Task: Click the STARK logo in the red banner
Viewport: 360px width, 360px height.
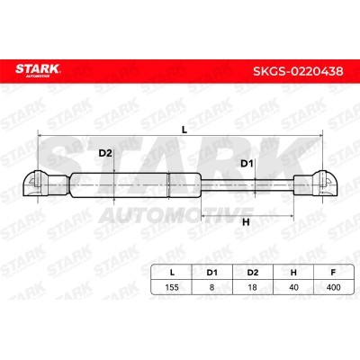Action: (38, 70)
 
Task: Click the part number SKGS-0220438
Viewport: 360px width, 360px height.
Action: (298, 71)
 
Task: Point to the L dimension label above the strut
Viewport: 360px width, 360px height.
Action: (184, 130)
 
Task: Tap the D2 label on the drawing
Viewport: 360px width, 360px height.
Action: (105, 153)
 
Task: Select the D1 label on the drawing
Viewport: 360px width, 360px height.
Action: (247, 164)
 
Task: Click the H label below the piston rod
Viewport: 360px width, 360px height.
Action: (246, 222)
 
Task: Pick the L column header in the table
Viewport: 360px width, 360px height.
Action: (172, 273)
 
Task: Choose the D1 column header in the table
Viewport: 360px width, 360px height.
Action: (212, 273)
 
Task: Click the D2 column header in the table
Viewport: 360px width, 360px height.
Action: (253, 273)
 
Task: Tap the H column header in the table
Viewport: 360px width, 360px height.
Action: (293, 273)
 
